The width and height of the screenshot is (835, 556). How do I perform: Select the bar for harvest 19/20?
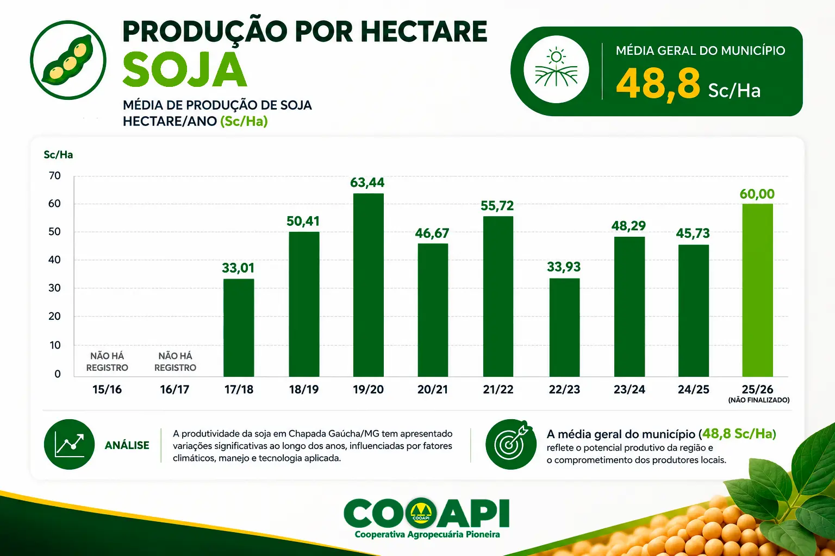coord(368,285)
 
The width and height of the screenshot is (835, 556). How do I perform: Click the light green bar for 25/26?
coord(757,290)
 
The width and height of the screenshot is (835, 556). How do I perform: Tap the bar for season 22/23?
coord(564,327)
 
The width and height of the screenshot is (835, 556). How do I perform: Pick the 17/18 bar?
coord(239,328)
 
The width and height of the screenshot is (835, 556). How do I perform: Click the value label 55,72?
coord(497,206)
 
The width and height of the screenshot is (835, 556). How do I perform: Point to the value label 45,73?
coord(693,233)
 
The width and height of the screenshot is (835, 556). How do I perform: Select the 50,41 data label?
coord(303,221)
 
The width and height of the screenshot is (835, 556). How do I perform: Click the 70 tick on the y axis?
coord(54,176)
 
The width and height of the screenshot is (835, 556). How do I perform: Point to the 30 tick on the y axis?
coord(54,288)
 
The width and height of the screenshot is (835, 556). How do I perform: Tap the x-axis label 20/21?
coord(432,389)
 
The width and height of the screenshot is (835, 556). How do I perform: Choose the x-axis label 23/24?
coord(629,389)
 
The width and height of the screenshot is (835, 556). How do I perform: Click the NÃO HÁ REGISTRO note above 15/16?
coord(107,362)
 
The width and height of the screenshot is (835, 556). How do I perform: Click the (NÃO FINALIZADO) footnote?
coord(759,400)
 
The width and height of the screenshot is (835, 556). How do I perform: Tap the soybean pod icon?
coord(68,60)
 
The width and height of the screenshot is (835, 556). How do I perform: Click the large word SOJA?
coord(184,70)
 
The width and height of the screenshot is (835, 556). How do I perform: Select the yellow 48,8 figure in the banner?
coord(658,84)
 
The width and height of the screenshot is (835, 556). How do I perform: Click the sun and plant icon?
coord(556,69)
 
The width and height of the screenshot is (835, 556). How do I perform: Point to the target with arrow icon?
coord(511,444)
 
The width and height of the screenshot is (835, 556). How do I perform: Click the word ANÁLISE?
coord(127,445)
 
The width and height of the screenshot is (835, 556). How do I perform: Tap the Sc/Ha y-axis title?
coord(58,155)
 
